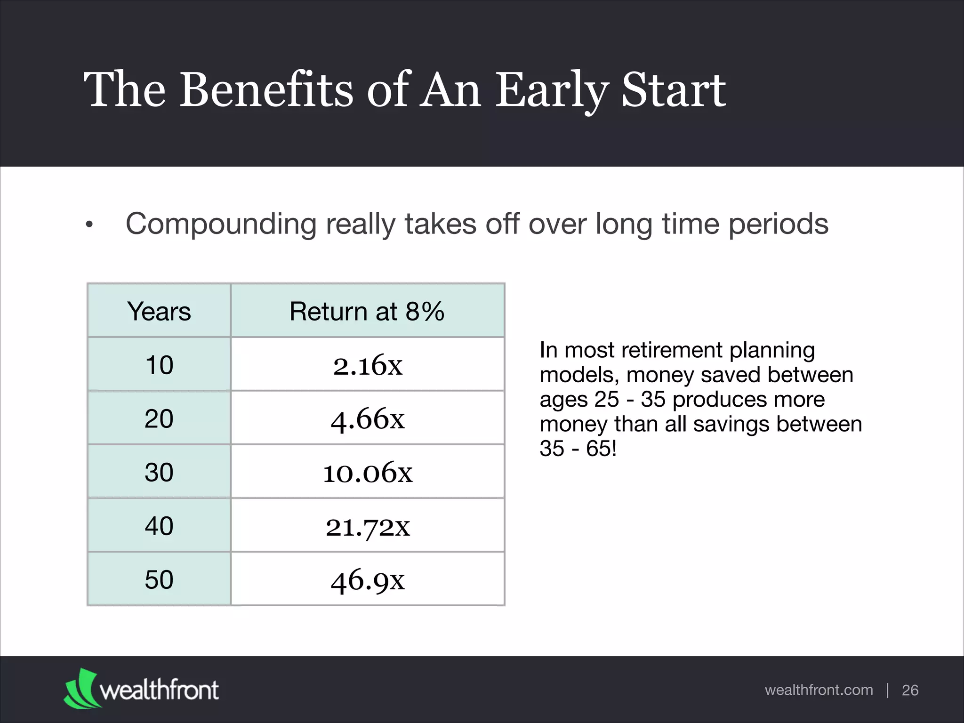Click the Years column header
coord(159,311)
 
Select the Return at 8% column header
coord(367,311)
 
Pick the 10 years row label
coord(159,365)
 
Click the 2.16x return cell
coord(368,365)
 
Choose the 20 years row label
coord(159,418)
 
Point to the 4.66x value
coord(368,418)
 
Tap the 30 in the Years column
coord(159,472)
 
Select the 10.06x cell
coord(368,472)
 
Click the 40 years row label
coord(159,526)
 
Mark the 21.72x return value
coord(368,526)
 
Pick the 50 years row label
coord(159,579)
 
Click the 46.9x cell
coord(368,580)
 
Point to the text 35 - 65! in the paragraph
coord(578,449)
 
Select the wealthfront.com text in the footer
coord(819,690)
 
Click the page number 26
coord(910,690)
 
